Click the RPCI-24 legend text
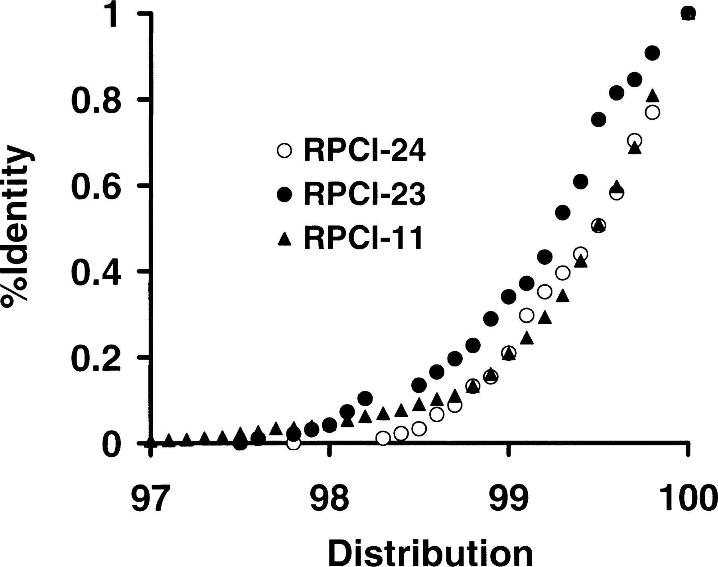[364, 151]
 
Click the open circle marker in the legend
[284, 151]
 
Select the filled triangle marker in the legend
[284, 239]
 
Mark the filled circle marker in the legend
[284, 195]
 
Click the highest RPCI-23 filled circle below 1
[652, 53]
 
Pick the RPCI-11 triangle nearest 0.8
[652, 96]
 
